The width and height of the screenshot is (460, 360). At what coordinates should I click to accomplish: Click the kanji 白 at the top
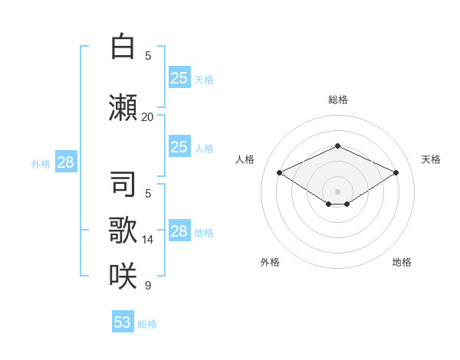pyautogui.click(x=123, y=46)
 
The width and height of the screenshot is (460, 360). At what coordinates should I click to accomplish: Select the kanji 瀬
pyautogui.click(x=123, y=107)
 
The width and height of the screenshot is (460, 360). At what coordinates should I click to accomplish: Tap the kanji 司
pyautogui.click(x=123, y=184)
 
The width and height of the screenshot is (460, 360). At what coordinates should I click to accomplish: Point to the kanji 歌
pyautogui.click(x=123, y=230)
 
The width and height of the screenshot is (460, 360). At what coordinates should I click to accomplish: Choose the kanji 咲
pyautogui.click(x=123, y=276)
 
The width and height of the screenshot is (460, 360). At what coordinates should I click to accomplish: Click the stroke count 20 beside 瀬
pyautogui.click(x=147, y=117)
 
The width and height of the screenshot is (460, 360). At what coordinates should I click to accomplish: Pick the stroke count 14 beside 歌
pyautogui.click(x=147, y=240)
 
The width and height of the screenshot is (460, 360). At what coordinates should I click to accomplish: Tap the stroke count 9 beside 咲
pyautogui.click(x=148, y=285)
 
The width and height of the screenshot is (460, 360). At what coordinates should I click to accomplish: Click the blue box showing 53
pyautogui.click(x=123, y=321)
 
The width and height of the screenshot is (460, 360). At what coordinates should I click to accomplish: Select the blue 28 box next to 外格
pyautogui.click(x=66, y=162)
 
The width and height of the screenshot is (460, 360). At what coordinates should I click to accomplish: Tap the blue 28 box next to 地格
pyautogui.click(x=179, y=230)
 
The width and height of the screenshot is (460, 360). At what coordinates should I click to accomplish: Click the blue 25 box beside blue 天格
pyautogui.click(x=179, y=77)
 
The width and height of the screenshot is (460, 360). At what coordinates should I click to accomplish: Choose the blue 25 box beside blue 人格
pyautogui.click(x=179, y=146)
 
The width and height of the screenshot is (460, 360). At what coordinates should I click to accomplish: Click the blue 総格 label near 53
pyautogui.click(x=147, y=324)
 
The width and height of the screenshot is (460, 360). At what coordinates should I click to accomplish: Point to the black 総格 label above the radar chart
pyautogui.click(x=338, y=100)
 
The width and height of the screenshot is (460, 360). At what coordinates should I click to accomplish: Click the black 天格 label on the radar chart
pyautogui.click(x=431, y=159)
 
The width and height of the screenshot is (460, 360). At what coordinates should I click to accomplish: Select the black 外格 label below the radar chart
pyautogui.click(x=270, y=262)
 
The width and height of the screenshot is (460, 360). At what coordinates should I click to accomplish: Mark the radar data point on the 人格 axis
pyautogui.click(x=279, y=172)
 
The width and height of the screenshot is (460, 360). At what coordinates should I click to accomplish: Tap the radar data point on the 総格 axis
pyautogui.click(x=337, y=146)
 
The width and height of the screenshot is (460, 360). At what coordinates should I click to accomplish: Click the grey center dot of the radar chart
pyautogui.click(x=337, y=191)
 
